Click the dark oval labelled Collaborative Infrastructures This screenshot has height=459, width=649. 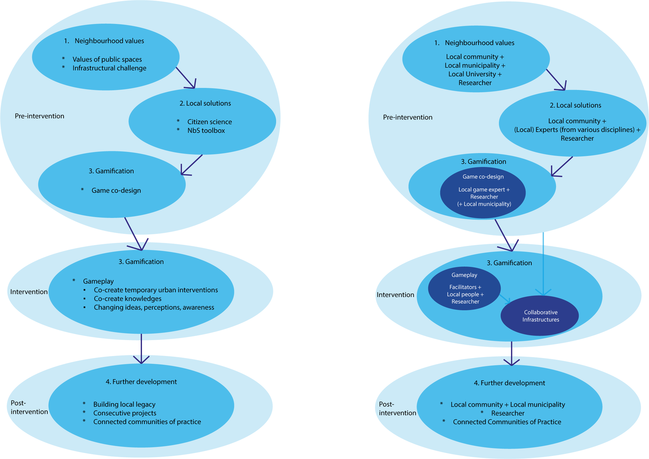coord(540,315)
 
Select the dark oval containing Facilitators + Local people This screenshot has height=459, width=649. coord(464,289)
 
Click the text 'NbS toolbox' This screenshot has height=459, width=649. coord(206,131)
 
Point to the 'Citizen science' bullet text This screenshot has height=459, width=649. coord(210,122)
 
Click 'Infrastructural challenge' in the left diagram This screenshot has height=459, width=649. coord(109,68)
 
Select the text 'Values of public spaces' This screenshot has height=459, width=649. coord(107,59)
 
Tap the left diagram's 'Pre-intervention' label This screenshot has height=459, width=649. coord(40,116)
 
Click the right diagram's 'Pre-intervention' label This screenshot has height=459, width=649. coord(408,118)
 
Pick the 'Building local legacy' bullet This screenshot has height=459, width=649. coord(124,404)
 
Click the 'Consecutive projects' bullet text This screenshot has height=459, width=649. coord(125,413)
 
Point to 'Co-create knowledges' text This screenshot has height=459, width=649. coord(127,299)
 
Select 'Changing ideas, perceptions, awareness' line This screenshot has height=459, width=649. coord(154,307)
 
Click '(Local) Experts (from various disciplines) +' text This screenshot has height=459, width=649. coord(577,130)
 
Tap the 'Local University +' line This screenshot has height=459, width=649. coord(475,74)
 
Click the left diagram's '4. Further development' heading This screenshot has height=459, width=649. coord(141,382)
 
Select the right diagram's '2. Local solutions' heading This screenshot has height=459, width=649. coord(575,105)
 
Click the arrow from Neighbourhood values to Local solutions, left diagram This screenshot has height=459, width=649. coord(186,78)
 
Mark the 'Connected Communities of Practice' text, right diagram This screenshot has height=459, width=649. coord(507,422)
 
